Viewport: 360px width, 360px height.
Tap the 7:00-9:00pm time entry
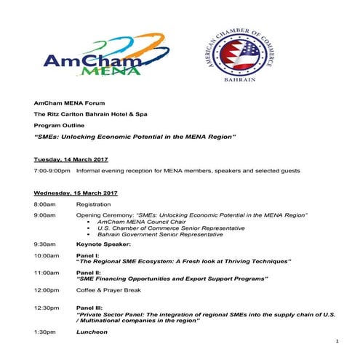52,170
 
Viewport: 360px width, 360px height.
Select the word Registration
93,205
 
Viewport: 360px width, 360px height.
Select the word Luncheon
92,332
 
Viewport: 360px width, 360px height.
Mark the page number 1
338,341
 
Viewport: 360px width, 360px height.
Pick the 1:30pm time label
44,332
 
